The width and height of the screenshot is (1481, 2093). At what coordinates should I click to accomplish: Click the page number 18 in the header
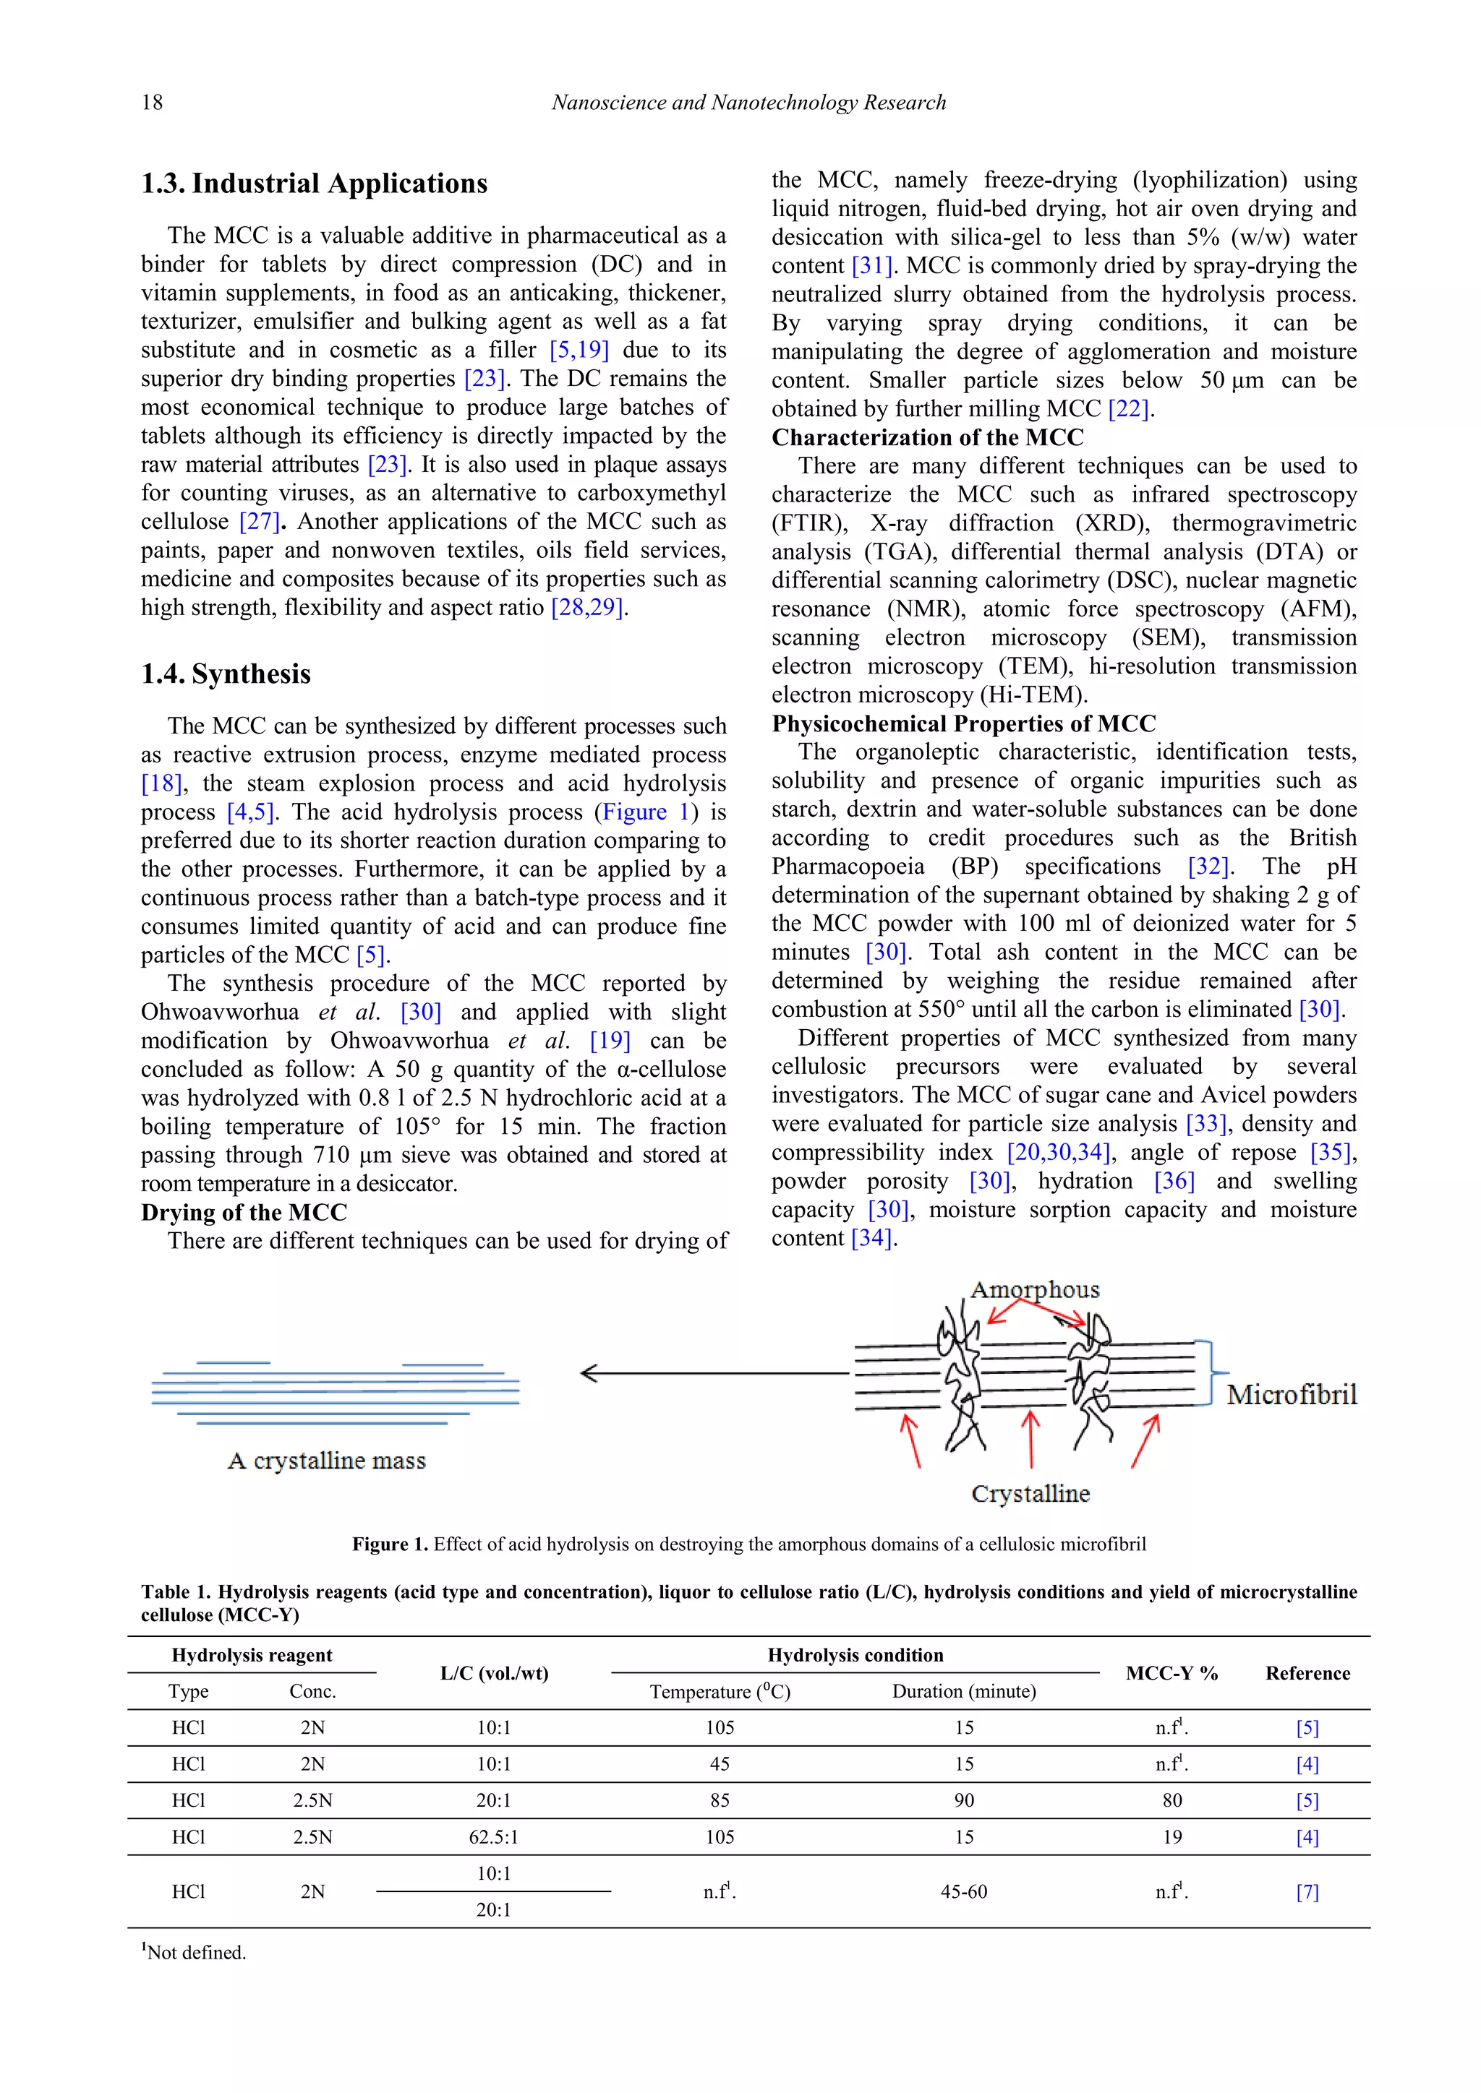pos(153,102)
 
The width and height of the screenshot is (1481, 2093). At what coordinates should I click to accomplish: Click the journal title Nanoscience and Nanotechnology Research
pos(748,102)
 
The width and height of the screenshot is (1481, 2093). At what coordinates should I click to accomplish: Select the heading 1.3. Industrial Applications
pos(314,184)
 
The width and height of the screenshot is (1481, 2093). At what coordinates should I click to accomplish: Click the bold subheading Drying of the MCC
pos(244,1213)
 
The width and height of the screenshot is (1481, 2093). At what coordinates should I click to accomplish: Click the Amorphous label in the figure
pos(1034,1289)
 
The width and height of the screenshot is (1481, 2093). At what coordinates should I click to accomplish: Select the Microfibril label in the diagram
pos(1292,1395)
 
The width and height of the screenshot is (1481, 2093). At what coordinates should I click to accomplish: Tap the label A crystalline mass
pos(326,1461)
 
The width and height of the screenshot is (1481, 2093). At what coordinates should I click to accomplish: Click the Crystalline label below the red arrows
pos(1030,1493)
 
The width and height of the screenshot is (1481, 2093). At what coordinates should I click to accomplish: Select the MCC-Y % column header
pos(1171,1673)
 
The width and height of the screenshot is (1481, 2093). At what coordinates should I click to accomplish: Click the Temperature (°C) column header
pos(720,1692)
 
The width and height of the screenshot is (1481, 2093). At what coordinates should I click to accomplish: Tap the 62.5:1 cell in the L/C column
pos(493,1837)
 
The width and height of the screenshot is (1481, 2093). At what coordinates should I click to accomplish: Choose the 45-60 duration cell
pos(964,1891)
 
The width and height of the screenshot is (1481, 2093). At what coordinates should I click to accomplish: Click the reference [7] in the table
pos(1307,1891)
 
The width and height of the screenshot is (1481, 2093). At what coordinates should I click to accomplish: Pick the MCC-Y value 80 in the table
pos(1171,1800)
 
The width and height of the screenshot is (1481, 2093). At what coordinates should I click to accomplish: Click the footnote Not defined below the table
pos(195,1953)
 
